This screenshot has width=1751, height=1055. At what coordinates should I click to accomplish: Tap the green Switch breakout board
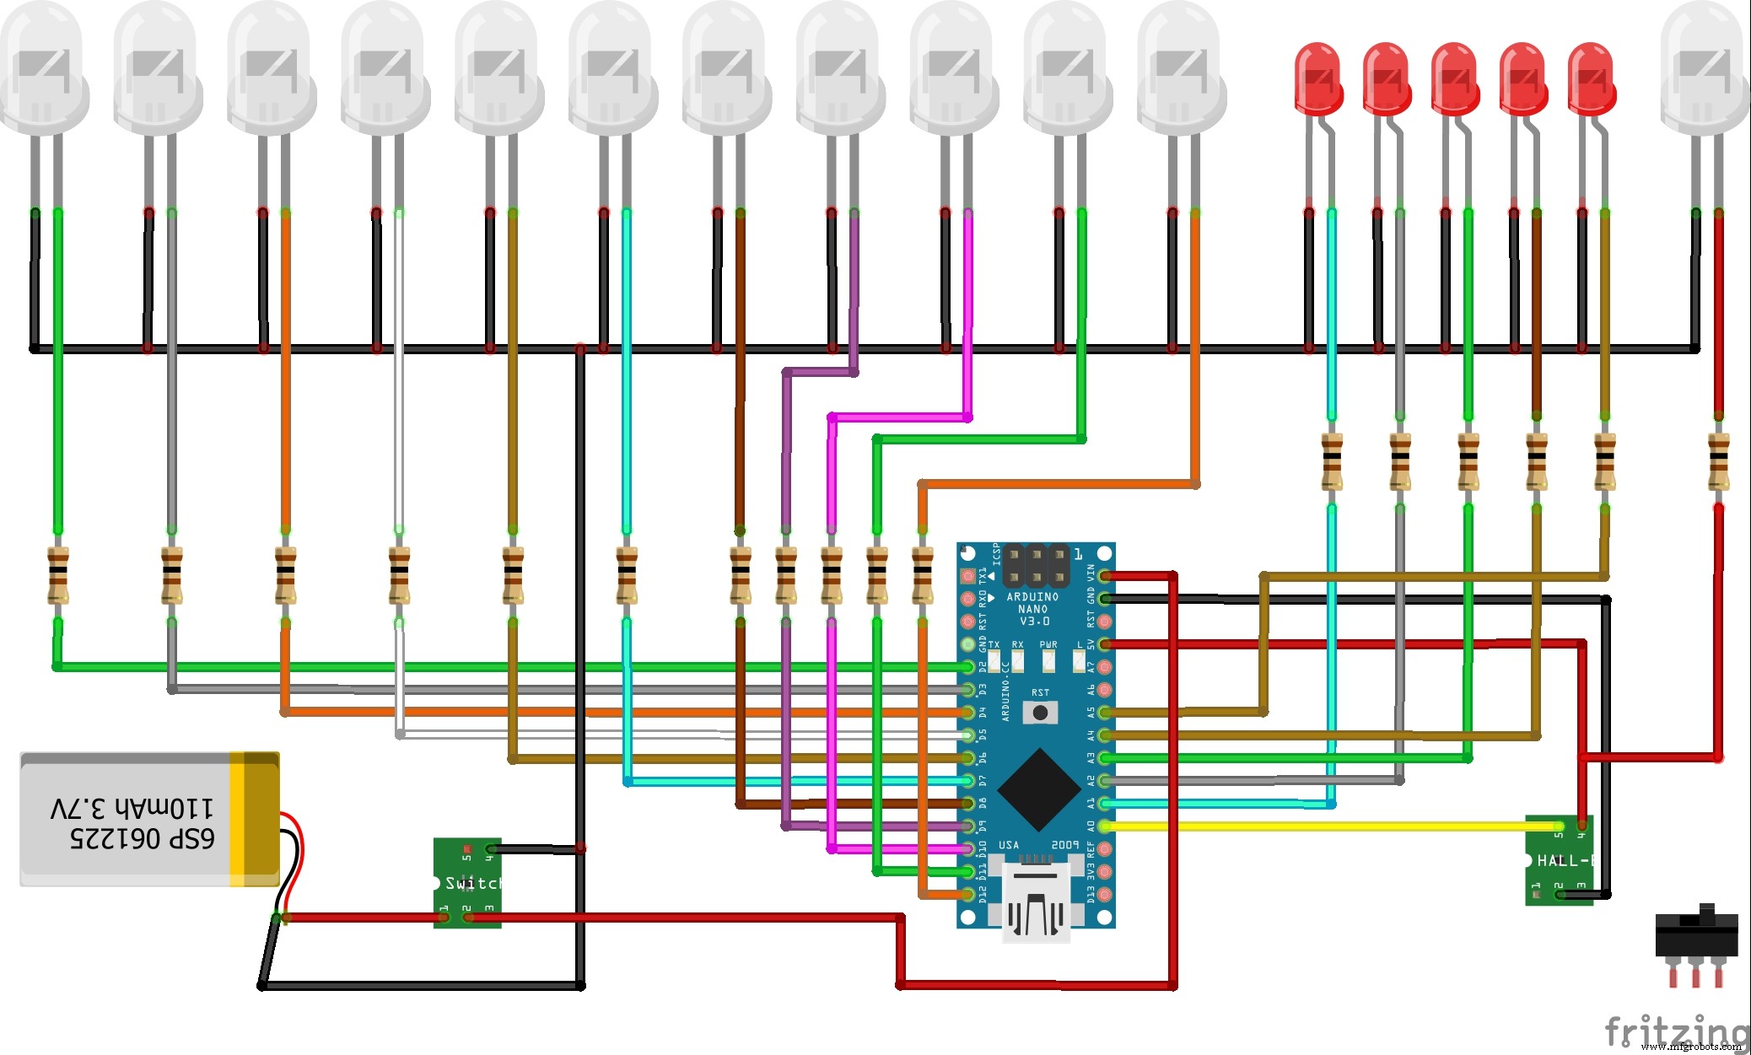(x=467, y=882)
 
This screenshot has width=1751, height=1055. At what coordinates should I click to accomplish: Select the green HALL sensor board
(x=1558, y=860)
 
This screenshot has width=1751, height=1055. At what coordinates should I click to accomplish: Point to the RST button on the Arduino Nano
(x=1040, y=712)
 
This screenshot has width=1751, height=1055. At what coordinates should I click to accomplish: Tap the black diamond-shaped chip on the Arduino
(x=1039, y=789)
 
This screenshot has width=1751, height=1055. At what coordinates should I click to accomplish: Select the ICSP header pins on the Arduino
(x=1036, y=566)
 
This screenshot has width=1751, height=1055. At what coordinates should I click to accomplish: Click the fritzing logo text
(x=1673, y=1031)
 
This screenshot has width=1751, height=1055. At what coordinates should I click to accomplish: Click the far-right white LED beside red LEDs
(x=1704, y=67)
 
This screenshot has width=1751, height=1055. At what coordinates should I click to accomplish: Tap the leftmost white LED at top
(x=42, y=67)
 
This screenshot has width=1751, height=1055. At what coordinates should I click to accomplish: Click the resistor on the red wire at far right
(x=1718, y=461)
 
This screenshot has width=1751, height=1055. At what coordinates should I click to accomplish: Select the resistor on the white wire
(x=399, y=575)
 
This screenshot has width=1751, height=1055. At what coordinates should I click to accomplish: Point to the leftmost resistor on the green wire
(x=57, y=575)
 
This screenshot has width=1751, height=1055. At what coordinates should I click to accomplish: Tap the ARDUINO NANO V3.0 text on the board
(x=1033, y=608)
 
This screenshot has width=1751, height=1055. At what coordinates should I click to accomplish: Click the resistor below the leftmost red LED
(x=1331, y=461)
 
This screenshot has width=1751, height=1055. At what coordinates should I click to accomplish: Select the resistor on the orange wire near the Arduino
(x=922, y=575)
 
